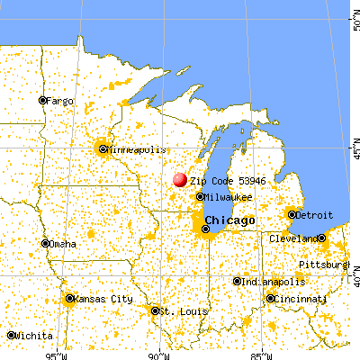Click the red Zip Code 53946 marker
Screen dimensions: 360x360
179,180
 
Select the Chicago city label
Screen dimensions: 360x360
229,220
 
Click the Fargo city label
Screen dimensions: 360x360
60,100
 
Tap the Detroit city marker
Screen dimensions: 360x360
292,214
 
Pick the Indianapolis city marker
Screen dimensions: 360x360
238,281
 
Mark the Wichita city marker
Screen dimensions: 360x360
11,335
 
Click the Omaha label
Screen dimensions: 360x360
64,243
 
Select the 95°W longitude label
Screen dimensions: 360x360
60,353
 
